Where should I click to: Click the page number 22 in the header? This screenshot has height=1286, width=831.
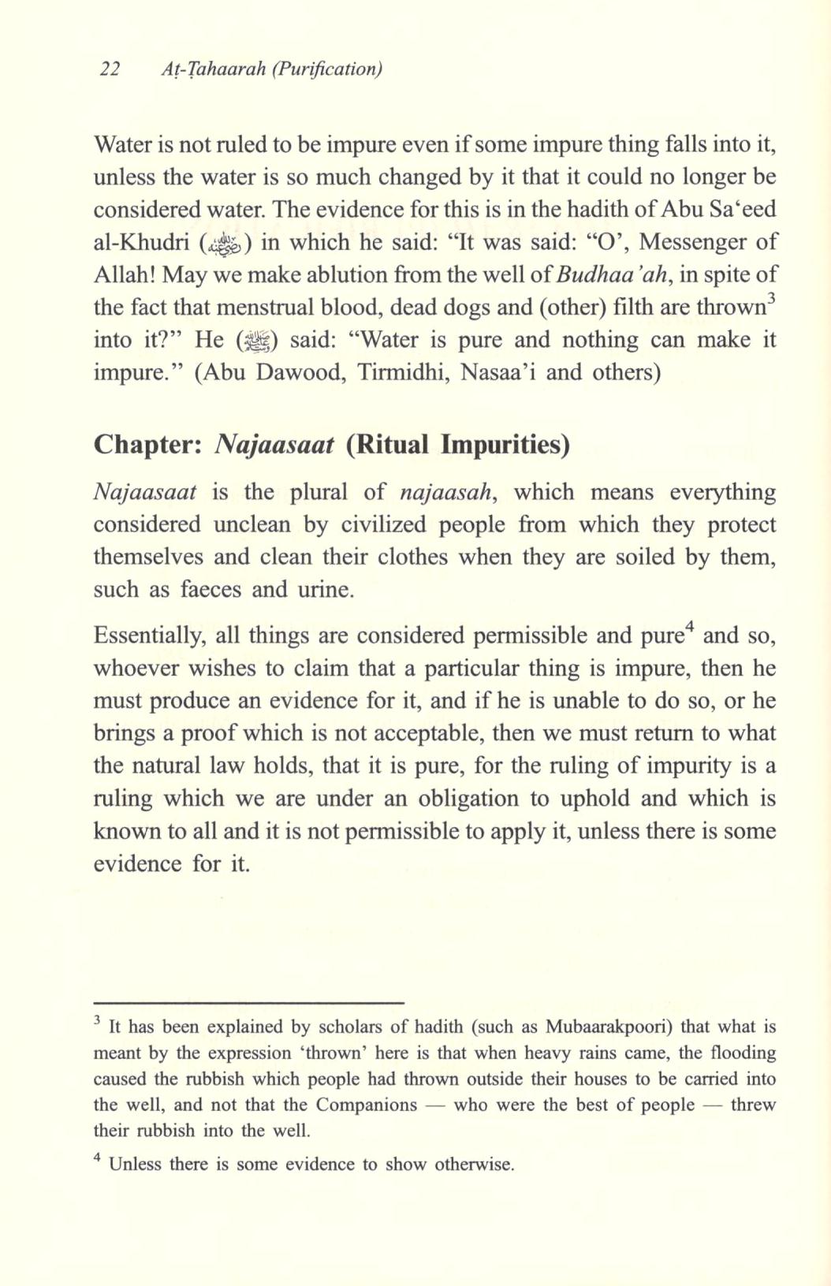tap(110, 69)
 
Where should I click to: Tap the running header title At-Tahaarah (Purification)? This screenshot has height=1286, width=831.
tap(271, 69)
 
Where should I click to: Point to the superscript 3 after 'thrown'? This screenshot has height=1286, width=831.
tap(772, 299)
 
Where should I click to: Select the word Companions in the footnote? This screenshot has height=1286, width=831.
tap(366, 1105)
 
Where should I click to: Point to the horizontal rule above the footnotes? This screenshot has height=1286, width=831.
tap(248, 1002)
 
